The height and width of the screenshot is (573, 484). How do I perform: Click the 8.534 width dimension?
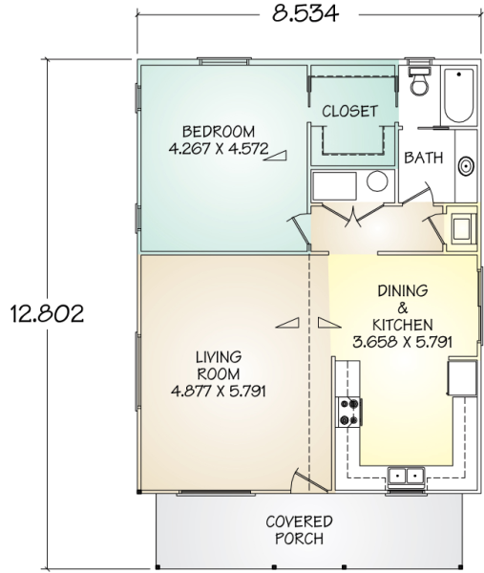pyautogui.click(x=305, y=13)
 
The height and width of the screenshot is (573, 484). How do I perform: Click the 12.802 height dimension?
pyautogui.click(x=47, y=313)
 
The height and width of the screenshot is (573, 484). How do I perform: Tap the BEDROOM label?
pyautogui.click(x=219, y=131)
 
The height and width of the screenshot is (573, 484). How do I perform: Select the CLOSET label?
pyautogui.click(x=349, y=111)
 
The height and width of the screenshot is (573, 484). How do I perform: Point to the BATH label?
pyautogui.click(x=424, y=158)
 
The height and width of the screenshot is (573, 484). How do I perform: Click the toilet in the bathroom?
pyautogui.click(x=420, y=81)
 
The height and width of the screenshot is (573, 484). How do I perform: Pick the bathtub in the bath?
pyautogui.click(x=459, y=95)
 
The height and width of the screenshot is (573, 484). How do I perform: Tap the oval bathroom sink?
pyautogui.click(x=467, y=166)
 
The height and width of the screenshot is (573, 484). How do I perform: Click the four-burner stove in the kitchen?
pyautogui.click(x=349, y=413)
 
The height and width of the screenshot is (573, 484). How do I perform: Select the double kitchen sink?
pyautogui.click(x=406, y=476)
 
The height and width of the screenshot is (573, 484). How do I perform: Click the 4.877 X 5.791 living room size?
pyautogui.click(x=219, y=392)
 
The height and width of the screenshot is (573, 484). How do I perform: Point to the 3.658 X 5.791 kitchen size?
pyautogui.click(x=403, y=342)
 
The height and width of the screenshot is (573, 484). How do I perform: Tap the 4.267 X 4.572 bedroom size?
pyautogui.click(x=219, y=148)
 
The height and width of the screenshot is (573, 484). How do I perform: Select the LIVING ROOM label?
pyautogui.click(x=219, y=365)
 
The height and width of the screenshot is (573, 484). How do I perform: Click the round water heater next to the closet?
pyautogui.click(x=377, y=181)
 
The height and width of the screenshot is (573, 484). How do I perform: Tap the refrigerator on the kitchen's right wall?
pyautogui.click(x=462, y=378)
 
